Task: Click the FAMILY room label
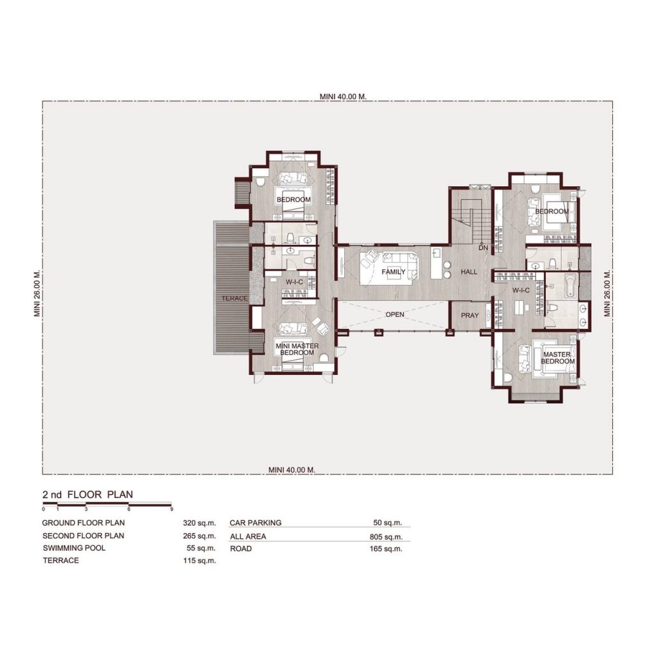point(393,272)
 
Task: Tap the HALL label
point(469,272)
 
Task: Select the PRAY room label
point(470,315)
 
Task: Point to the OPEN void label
point(395,314)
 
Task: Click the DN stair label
point(483,248)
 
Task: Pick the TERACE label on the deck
point(235,298)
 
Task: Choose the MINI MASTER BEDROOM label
point(297,349)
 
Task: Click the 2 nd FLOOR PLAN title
point(88,494)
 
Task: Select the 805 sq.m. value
point(386,536)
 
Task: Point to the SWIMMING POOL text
point(74,548)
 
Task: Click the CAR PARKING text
point(256,523)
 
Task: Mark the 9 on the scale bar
point(172,509)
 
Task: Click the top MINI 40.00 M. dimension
point(343,96)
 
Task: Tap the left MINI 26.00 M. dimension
point(37,293)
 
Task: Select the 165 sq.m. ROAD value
point(386,549)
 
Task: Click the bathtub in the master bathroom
point(570,285)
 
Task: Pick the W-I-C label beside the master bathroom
point(521,290)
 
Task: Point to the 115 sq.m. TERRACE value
point(200,561)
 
